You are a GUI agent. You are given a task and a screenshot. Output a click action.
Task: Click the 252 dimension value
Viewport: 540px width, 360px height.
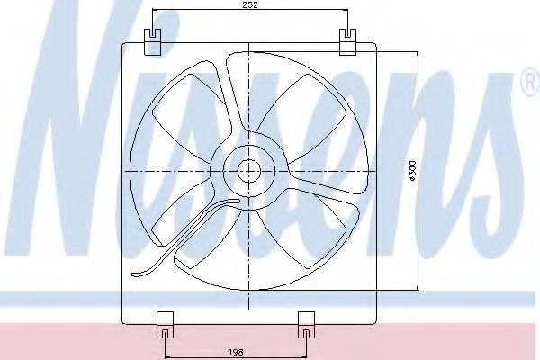(250, 4)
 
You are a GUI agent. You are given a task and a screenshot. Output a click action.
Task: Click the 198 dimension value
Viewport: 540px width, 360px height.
(236, 352)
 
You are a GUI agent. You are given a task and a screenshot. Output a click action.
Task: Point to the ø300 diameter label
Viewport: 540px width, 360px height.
(412, 171)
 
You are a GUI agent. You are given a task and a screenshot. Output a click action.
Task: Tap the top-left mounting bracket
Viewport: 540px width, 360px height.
(152, 42)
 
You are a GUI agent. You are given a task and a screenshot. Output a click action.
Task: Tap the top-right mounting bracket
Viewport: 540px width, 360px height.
(347, 42)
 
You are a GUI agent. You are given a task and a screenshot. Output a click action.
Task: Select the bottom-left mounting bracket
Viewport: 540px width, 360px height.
(166, 325)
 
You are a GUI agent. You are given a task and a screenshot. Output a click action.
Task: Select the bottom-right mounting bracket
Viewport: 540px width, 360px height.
(306, 325)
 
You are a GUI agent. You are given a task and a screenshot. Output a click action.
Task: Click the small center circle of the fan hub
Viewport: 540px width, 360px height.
(249, 171)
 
